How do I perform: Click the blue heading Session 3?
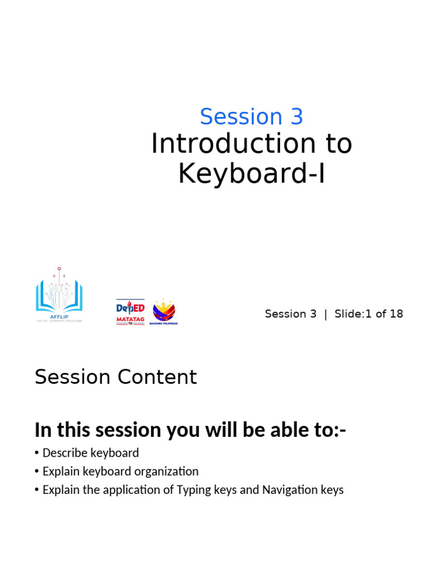click(x=251, y=117)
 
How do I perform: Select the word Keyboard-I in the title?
click(x=252, y=174)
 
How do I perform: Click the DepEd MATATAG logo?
click(x=130, y=312)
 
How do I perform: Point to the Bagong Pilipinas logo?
click(x=164, y=312)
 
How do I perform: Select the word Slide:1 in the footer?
click(x=352, y=314)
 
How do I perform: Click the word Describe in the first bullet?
click(x=66, y=453)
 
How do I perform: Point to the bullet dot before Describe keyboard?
click(x=37, y=453)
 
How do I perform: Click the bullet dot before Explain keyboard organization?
click(x=37, y=472)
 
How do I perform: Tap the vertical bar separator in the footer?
click(x=326, y=314)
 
